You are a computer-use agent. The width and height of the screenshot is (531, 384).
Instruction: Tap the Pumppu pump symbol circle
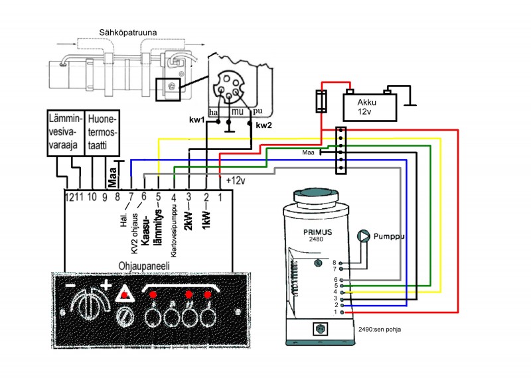364,236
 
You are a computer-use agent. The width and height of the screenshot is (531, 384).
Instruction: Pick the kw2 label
264,124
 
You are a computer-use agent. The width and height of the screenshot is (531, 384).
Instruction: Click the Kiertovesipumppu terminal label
173,231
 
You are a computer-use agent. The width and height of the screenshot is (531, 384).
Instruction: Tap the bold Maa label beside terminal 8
113,178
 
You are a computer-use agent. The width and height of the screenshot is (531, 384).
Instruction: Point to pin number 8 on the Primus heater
335,263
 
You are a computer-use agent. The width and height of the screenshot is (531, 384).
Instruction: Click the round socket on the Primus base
323,328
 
